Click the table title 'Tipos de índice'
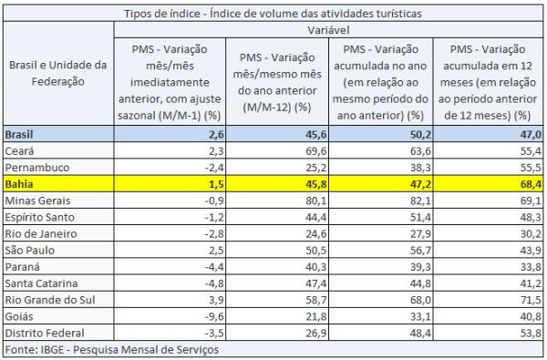click(162, 14)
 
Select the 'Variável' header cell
click(328, 30)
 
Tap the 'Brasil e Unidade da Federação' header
click(58, 73)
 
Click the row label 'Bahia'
click(19, 184)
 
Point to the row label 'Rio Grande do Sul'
click(50, 300)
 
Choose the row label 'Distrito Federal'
click(45, 333)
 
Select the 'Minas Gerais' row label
click(37, 201)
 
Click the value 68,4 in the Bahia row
click(531, 184)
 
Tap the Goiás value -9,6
click(214, 316)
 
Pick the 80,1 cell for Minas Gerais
click(316, 201)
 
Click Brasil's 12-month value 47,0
click(531, 134)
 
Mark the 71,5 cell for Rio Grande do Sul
click(531, 300)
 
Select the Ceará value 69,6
click(316, 150)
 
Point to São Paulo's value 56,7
click(420, 250)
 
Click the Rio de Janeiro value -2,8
click(214, 233)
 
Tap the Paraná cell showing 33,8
click(531, 266)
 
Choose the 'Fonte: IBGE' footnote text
click(111, 350)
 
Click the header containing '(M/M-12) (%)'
click(277, 82)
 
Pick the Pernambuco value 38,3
click(420, 168)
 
